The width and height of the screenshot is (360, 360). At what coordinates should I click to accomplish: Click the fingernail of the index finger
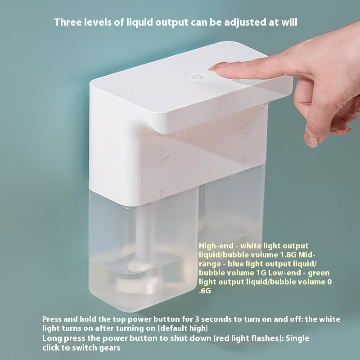click(220, 66)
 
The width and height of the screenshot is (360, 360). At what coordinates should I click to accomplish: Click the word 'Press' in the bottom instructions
click(53, 319)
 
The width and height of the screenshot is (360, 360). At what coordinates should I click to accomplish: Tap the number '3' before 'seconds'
click(182, 319)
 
